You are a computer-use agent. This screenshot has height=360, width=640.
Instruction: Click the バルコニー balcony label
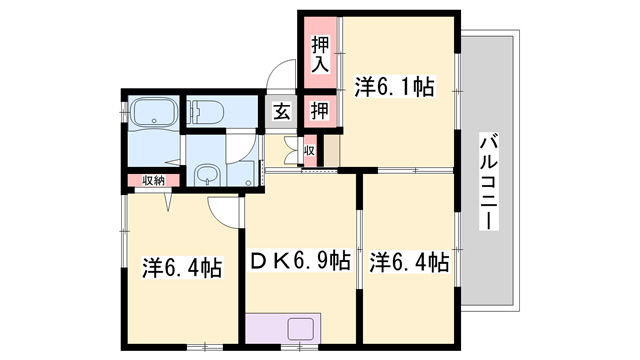(x=489, y=181)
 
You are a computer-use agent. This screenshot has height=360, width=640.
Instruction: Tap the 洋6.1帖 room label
(x=394, y=88)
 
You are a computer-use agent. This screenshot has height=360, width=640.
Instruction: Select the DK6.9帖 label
(x=299, y=262)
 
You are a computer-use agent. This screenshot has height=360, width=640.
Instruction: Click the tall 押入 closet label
(x=319, y=54)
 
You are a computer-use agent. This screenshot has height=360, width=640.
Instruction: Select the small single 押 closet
(x=319, y=110)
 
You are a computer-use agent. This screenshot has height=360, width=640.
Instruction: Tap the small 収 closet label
(x=309, y=151)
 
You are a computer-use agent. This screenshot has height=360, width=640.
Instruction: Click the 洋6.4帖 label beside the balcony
(x=408, y=262)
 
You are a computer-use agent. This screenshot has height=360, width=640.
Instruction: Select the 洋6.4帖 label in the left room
(x=181, y=267)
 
